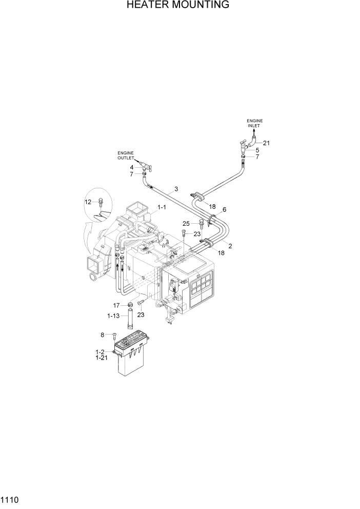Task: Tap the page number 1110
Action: click(11, 499)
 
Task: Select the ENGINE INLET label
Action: click(254, 123)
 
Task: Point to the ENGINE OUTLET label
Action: click(126, 155)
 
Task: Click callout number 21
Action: click(266, 143)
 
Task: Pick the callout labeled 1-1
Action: click(162, 207)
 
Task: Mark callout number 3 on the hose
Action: click(176, 189)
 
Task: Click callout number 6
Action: click(224, 209)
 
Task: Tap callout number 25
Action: click(186, 223)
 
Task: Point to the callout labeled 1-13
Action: click(114, 316)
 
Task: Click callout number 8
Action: click(102, 335)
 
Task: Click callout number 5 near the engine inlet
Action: click(258, 150)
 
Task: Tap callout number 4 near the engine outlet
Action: click(132, 167)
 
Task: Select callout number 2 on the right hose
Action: click(230, 246)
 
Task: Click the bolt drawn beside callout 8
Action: click(114, 336)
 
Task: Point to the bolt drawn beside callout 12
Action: click(101, 201)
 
